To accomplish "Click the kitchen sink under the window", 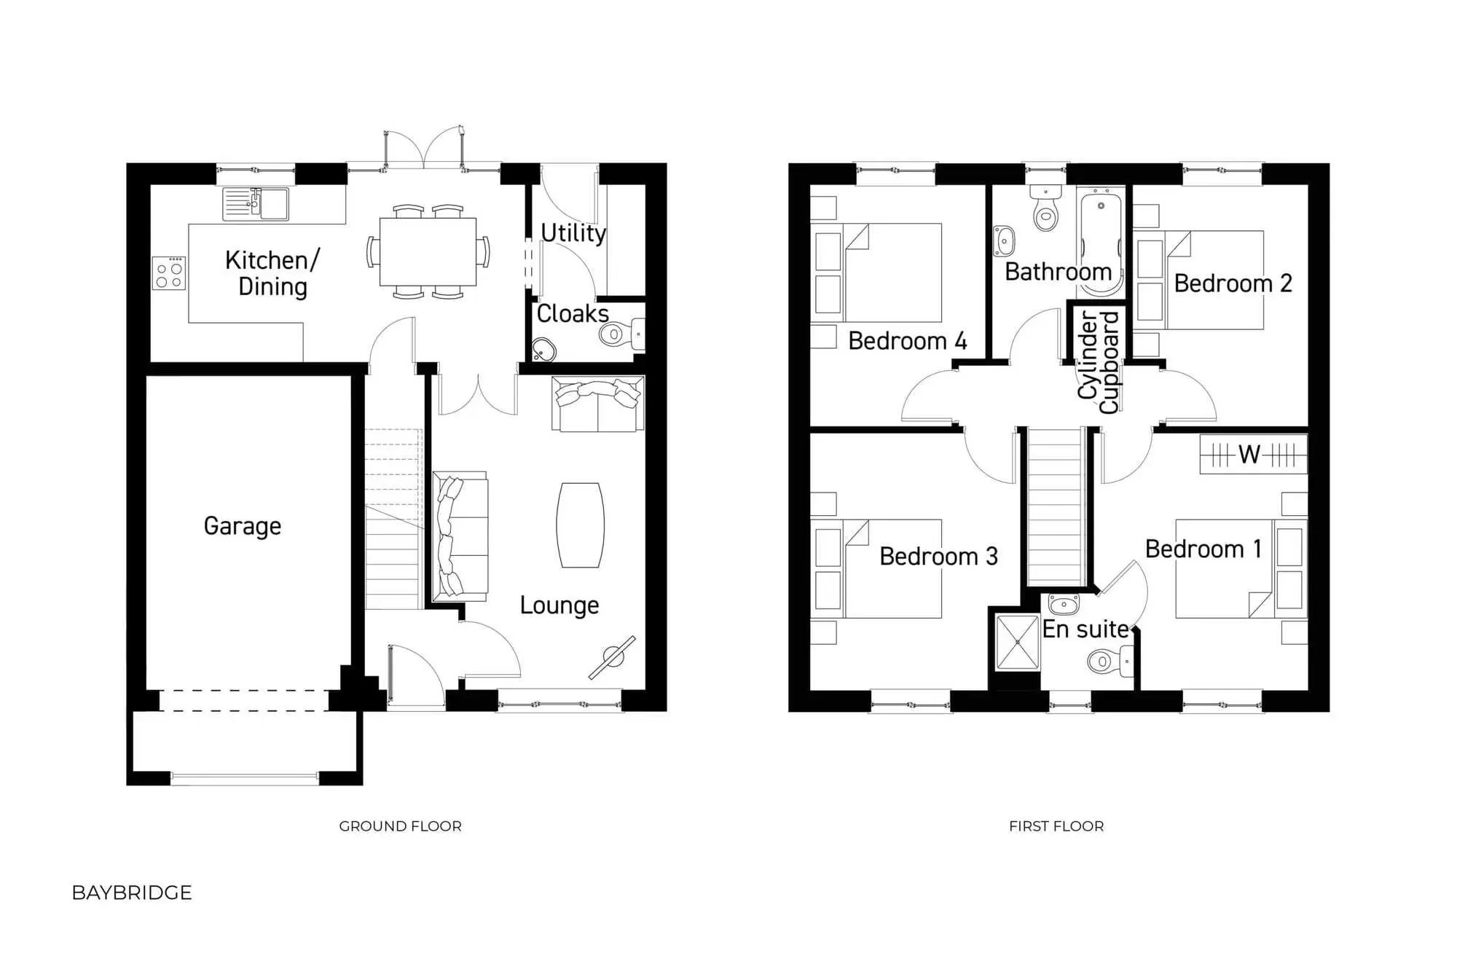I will [256, 204].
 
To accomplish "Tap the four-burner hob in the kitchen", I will [168, 274].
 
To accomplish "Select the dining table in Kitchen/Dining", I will [428, 251].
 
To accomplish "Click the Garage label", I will [242, 526].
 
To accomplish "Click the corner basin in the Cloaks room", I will [543, 350].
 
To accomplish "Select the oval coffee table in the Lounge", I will [580, 525].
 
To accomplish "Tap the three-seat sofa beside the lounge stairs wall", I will [460, 536].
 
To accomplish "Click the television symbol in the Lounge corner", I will [613, 657].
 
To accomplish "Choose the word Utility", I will [573, 233].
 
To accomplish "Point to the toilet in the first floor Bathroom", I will [1046, 209].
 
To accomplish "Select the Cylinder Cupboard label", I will [1098, 362].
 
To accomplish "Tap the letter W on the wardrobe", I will [1249, 455].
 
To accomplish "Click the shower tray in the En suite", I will [1017, 643].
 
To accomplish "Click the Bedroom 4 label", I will [907, 341].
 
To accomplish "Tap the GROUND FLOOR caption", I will [400, 826].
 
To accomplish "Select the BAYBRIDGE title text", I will [132, 893].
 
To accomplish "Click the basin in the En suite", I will [1064, 605].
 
